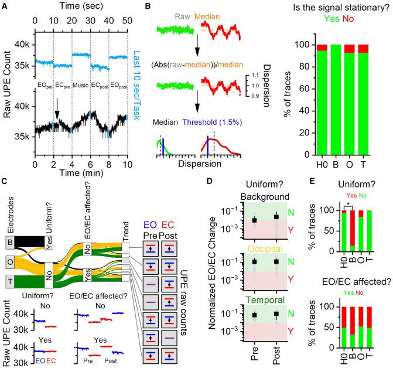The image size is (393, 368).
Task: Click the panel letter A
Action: click(5, 6)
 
